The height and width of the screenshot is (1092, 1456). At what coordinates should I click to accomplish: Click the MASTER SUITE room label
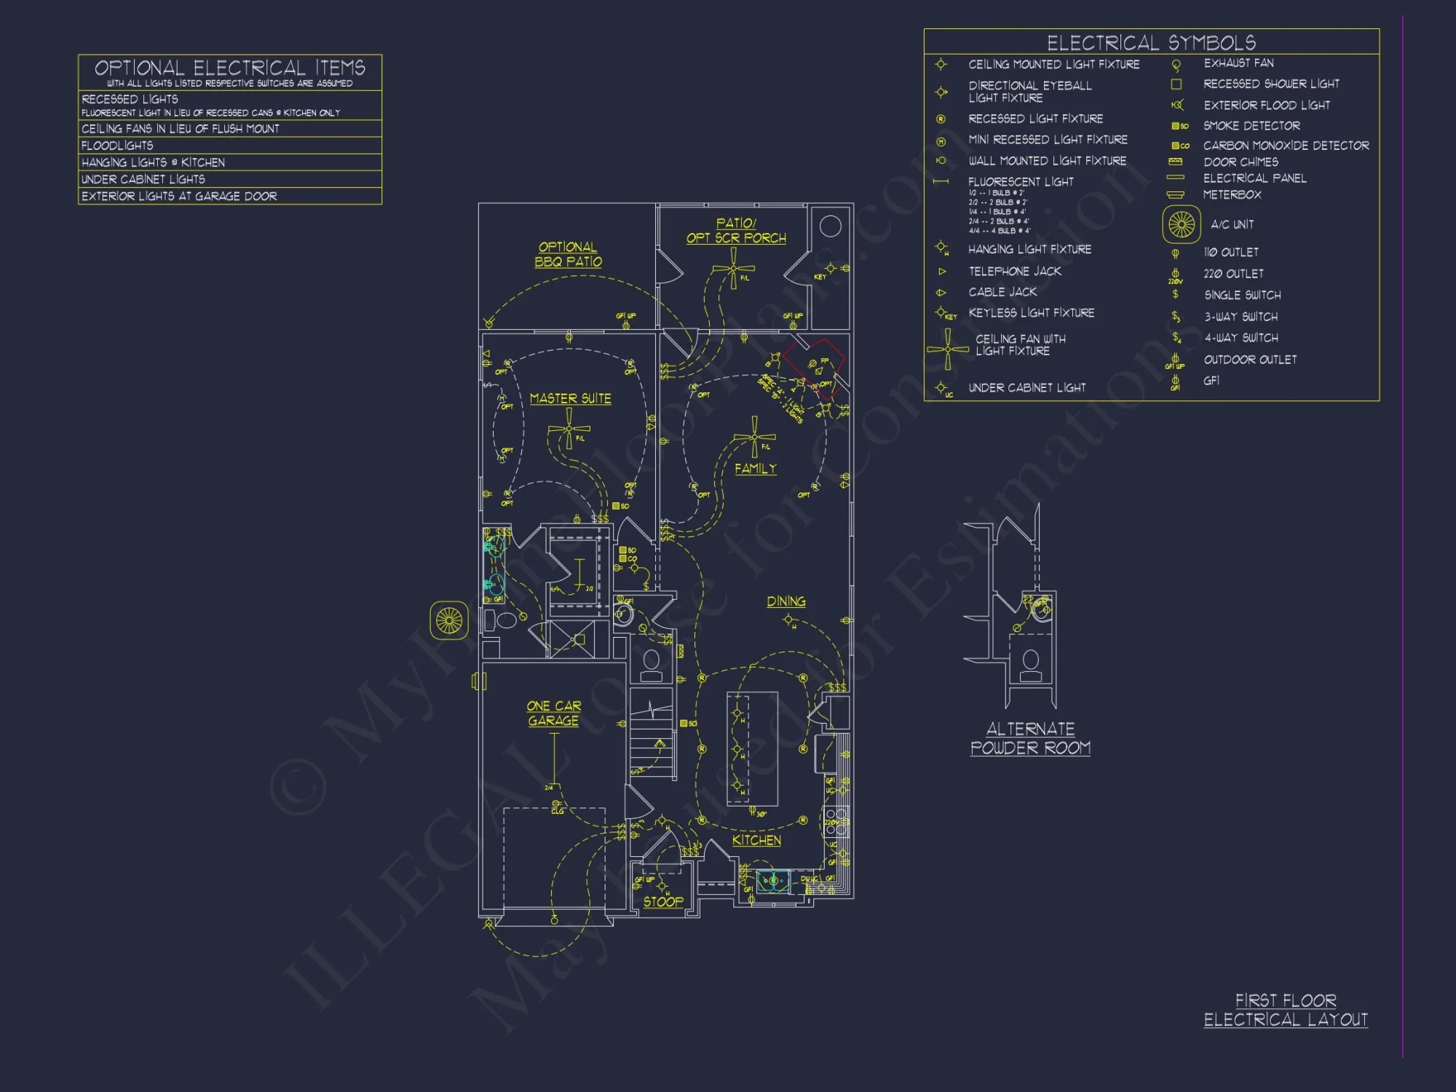[570, 398]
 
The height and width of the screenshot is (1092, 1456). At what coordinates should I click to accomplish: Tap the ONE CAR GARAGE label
[553, 713]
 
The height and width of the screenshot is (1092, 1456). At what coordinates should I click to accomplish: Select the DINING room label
[786, 601]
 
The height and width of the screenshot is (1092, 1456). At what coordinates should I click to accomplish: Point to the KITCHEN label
[756, 840]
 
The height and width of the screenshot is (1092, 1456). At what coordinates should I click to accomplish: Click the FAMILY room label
[755, 469]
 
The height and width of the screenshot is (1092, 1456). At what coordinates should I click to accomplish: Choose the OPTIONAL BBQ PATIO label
[568, 254]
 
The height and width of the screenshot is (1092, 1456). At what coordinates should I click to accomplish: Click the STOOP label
[663, 901]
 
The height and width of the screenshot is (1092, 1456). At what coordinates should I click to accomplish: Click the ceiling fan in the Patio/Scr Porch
[733, 269]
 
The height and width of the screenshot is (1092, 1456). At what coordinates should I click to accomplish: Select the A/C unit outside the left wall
[448, 620]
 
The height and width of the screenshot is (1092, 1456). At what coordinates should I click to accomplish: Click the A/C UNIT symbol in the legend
[1181, 224]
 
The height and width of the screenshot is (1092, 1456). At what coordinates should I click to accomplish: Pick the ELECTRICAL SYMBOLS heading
[1151, 42]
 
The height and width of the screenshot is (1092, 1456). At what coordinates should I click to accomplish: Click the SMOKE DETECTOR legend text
[1251, 126]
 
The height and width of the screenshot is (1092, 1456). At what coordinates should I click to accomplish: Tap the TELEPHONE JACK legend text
[1014, 271]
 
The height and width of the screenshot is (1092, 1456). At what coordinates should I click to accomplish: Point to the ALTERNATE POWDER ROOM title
[1030, 738]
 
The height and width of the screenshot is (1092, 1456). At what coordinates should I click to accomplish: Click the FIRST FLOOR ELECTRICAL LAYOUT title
[1285, 1010]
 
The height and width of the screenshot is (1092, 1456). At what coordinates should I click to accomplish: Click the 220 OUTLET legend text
[1233, 274]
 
